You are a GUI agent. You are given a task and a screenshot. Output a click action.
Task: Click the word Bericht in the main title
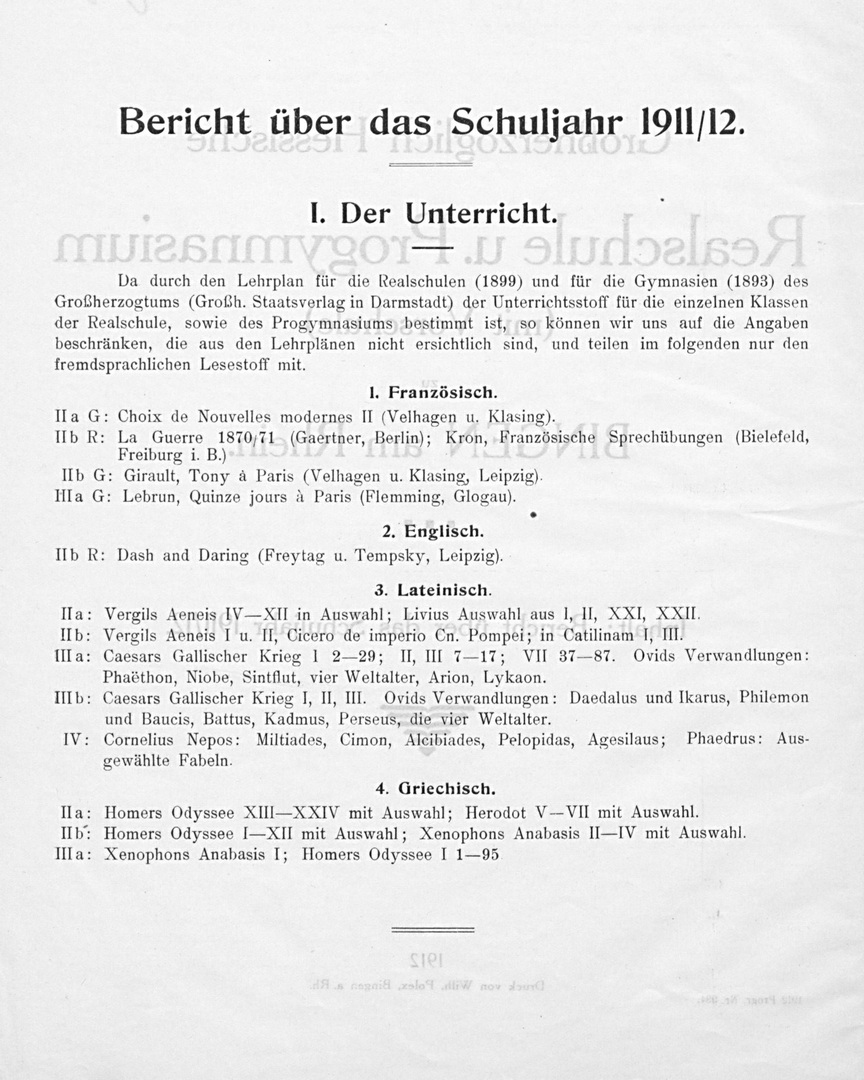[x=184, y=122]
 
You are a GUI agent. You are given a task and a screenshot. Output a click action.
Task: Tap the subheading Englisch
[x=444, y=532]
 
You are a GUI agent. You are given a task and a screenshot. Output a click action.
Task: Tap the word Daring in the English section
[x=223, y=555]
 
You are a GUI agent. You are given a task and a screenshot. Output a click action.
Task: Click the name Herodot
[x=498, y=812]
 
